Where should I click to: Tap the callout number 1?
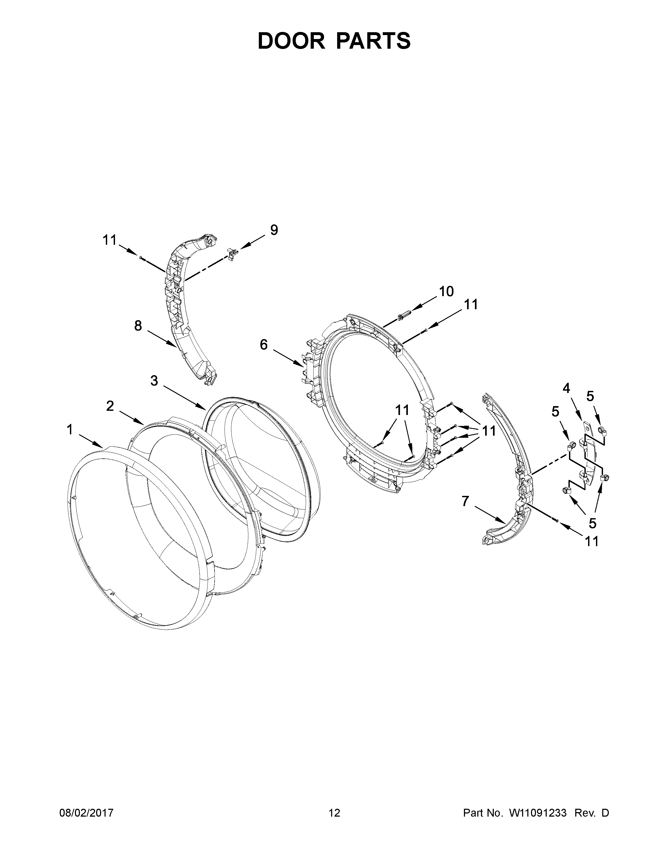70,430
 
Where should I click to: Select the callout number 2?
110,406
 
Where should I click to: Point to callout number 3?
154,381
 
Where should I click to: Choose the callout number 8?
138,326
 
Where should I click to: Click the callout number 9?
274,230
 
